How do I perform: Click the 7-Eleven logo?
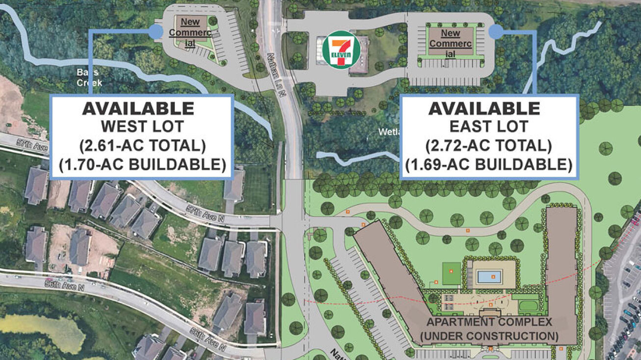point(341,50)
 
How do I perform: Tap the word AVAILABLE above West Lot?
point(138,108)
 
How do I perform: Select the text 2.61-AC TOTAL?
point(142,146)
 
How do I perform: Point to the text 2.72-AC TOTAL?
point(489,146)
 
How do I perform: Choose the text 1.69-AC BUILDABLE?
point(489,164)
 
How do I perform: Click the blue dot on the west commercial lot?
point(156,32)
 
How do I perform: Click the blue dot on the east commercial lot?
point(496,32)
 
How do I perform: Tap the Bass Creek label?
point(89,77)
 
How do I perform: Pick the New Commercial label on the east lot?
point(450,43)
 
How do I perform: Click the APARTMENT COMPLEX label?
point(489,323)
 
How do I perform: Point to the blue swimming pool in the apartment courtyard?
point(489,277)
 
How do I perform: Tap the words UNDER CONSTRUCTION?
point(489,336)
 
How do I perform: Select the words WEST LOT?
point(142,127)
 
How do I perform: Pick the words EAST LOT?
point(489,126)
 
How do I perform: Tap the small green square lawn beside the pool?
point(452,274)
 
